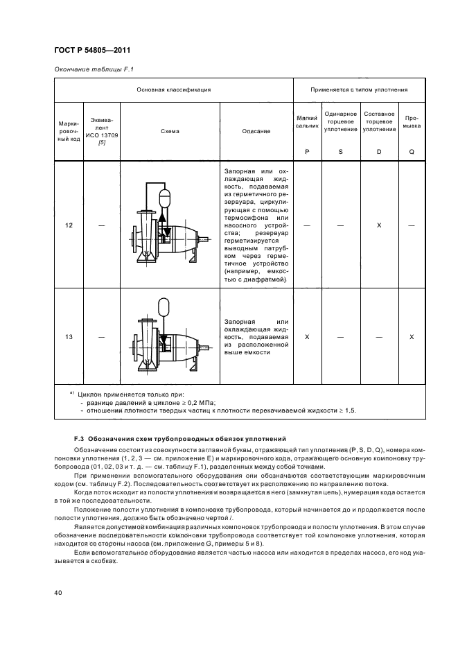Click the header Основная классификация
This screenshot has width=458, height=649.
173,89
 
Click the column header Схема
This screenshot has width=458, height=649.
170,131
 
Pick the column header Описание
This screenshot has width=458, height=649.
256,131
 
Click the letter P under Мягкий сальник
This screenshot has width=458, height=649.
306,150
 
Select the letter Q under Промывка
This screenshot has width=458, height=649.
412,150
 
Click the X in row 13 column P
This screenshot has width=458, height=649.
306,336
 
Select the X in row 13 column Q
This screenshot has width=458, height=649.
412,336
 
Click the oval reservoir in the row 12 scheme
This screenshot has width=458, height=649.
164,198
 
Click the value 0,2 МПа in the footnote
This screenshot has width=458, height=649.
202,401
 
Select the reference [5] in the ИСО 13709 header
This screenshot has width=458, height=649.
102,142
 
